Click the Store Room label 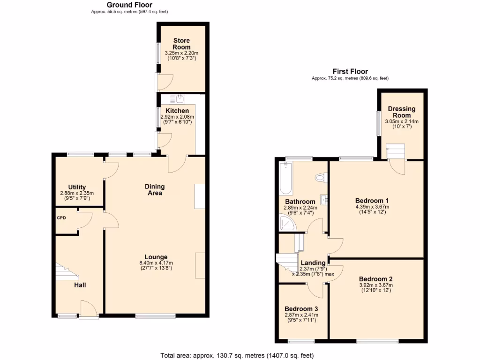tap(181, 44)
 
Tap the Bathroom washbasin tap(324, 200)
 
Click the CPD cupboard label tap(61, 218)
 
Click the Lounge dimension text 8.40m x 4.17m tap(156, 263)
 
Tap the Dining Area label tap(155, 190)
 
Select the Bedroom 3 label tap(301, 309)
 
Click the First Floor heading tap(350, 71)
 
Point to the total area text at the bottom tap(237, 355)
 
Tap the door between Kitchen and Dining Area tap(177, 162)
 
